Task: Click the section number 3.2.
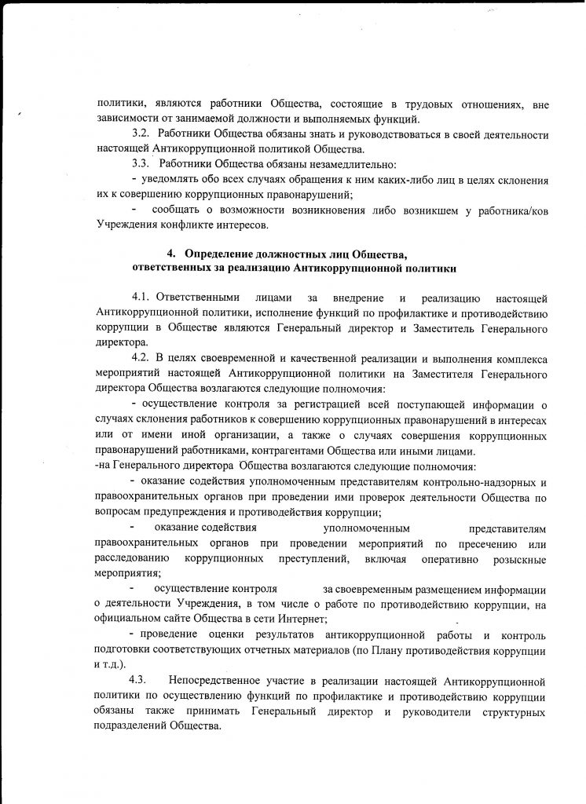click(141, 134)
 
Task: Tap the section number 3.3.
click(141, 164)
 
